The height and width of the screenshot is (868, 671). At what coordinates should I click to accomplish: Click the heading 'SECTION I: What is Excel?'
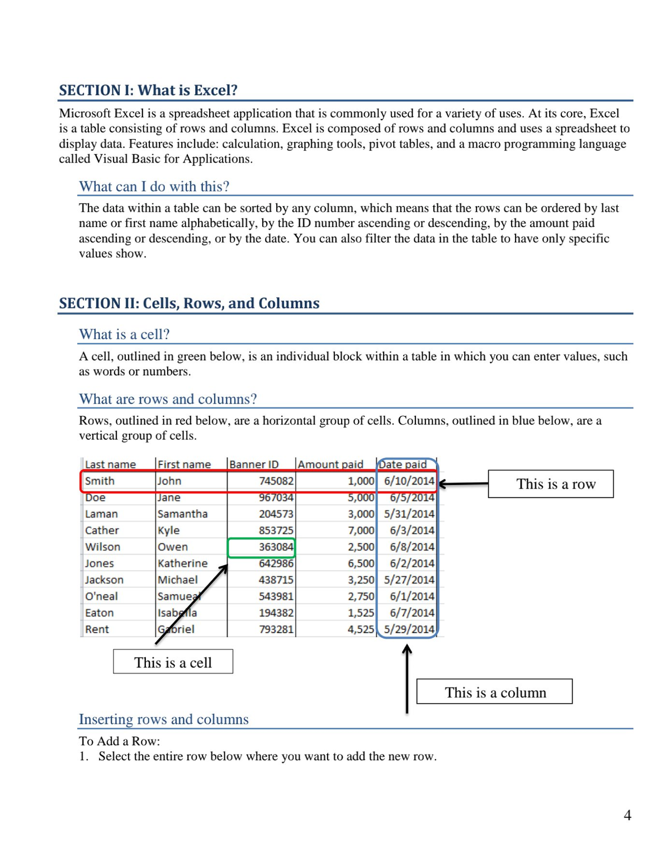148,91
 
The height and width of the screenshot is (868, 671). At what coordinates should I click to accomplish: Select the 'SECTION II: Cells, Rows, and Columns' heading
189,303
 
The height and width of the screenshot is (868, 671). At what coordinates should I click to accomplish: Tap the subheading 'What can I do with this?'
154,187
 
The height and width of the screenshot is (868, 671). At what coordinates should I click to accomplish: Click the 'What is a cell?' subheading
124,334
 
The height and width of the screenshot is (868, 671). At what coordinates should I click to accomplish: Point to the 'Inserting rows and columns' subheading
163,719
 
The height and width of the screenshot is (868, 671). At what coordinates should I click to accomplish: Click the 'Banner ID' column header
254,464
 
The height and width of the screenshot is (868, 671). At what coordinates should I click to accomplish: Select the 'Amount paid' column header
330,464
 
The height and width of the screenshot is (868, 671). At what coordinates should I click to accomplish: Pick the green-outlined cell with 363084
262,547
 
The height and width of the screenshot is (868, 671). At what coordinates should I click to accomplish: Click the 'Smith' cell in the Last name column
100,481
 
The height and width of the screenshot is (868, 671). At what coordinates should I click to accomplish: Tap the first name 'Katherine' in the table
182,563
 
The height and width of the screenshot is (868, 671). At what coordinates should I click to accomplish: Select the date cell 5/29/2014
409,629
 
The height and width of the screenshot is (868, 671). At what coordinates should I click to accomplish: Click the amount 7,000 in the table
361,530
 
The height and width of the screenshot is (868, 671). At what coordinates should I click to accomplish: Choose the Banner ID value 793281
276,629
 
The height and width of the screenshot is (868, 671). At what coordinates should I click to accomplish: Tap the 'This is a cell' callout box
173,662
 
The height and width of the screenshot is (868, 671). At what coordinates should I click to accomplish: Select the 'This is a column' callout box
495,692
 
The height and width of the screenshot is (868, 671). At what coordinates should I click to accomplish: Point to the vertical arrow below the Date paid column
407,679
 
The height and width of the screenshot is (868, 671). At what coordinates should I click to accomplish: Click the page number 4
627,815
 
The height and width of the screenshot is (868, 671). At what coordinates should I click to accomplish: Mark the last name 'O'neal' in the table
101,596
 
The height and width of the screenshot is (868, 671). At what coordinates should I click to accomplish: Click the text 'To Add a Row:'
119,741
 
